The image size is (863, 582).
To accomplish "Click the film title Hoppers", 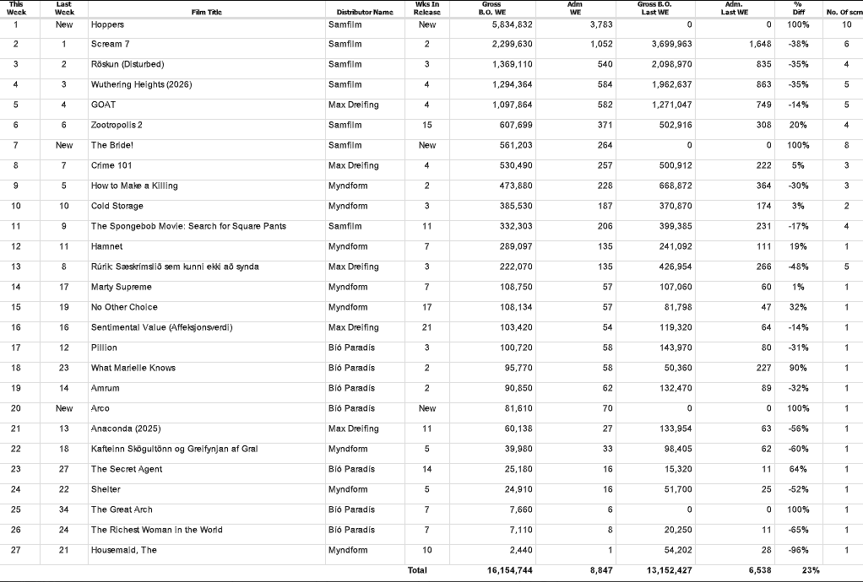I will [107, 24].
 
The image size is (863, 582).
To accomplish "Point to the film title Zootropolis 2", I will [117, 125].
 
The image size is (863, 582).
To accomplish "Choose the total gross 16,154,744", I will [509, 571].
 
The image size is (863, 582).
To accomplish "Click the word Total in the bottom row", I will [417, 571].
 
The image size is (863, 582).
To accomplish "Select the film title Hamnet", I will [106, 246].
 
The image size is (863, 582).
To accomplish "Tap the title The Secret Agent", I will [127, 469].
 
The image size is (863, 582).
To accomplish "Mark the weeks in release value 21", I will [427, 327].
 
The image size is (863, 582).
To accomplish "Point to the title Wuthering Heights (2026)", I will [139, 84].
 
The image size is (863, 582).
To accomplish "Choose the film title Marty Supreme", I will [122, 287].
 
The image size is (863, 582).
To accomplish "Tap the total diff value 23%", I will [811, 571].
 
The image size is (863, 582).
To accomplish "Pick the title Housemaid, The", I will [125, 550].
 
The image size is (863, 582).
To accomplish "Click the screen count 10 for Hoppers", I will [847, 24].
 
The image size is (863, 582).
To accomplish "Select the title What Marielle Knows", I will [133, 368].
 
